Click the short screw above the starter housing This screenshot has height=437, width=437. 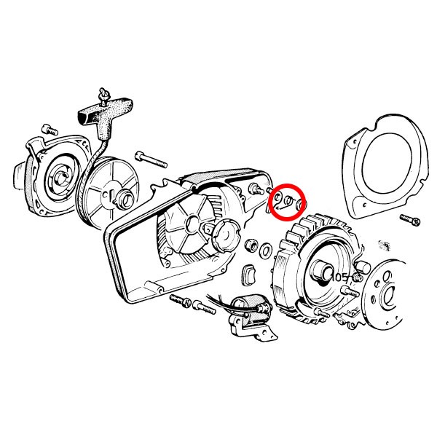50,130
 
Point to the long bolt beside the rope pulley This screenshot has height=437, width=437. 151,160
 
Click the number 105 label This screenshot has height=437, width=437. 339,277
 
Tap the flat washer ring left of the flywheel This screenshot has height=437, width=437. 266,251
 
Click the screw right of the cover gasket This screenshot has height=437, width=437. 410,220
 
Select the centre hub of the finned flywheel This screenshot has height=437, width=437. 322,272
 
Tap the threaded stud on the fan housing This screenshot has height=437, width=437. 256,189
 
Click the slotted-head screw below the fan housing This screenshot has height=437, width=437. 181,301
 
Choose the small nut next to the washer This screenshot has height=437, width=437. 251,245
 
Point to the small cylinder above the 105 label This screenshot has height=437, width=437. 363,267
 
